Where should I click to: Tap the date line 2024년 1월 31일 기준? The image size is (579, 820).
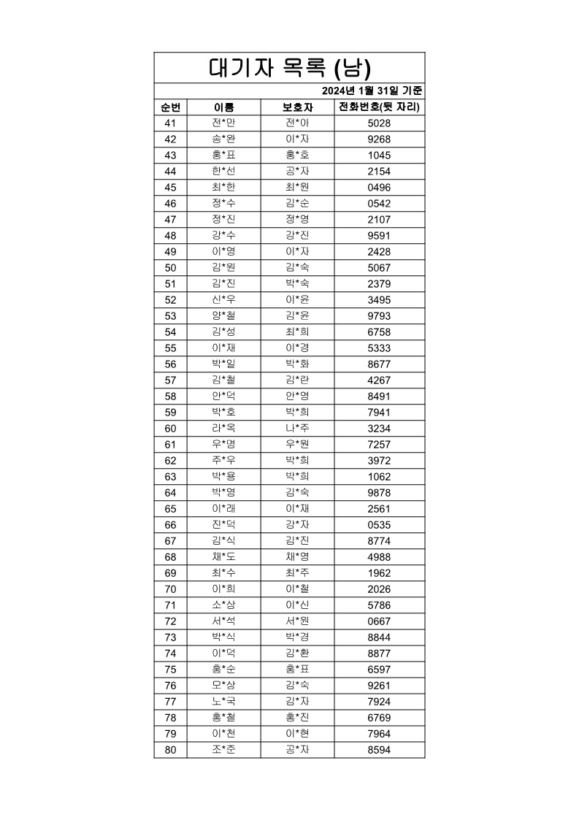pos(372,91)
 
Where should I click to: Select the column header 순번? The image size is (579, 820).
pos(170,107)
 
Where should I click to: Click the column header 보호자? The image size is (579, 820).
pos(297,107)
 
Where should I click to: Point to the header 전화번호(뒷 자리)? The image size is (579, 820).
pos(380,107)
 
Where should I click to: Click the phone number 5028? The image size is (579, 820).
pos(380,123)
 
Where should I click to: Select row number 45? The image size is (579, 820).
pos(170,188)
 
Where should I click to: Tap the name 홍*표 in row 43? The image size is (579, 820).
pos(223,156)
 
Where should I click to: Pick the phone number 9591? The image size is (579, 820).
pos(380,236)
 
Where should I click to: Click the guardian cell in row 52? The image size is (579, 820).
pos(297,300)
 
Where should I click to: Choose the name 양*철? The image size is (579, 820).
pos(223,316)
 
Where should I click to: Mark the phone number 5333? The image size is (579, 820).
pos(380,348)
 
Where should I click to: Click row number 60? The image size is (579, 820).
pos(170,429)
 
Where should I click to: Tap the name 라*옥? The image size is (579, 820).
pos(223,429)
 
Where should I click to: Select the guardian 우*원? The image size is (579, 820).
pos(297,445)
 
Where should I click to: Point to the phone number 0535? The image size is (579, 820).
pos(380,525)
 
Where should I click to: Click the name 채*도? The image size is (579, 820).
pos(223,557)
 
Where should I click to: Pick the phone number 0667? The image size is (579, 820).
pos(380,621)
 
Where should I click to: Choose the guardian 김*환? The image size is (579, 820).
pos(297,654)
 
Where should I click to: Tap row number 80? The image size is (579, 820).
pos(170,750)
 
